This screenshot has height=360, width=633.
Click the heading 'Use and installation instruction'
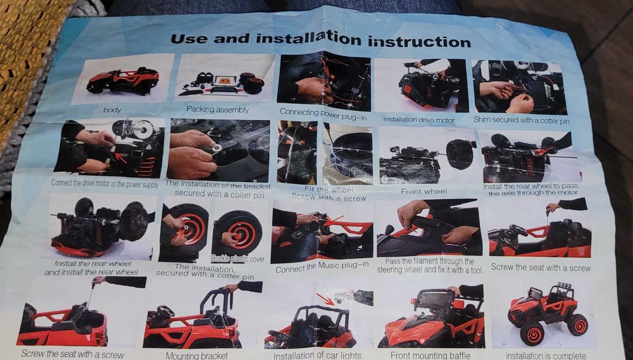(320, 40)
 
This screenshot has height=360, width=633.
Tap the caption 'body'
(112, 110)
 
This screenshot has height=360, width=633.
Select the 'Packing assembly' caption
(218, 109)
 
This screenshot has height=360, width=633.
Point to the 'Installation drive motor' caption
(418, 120)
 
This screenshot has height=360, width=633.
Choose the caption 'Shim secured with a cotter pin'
(522, 120)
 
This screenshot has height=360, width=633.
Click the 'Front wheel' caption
(424, 192)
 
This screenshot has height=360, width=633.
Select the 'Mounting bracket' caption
(197, 356)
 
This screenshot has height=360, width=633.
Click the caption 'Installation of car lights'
(317, 355)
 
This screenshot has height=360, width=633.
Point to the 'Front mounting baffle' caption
(430, 355)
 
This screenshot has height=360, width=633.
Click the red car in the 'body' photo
(123, 80)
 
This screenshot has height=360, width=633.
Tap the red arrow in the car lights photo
(325, 299)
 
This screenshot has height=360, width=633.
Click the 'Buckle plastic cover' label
(238, 259)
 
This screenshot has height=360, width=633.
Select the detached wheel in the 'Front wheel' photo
(460, 154)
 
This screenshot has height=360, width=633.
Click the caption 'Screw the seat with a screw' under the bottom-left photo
(72, 354)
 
